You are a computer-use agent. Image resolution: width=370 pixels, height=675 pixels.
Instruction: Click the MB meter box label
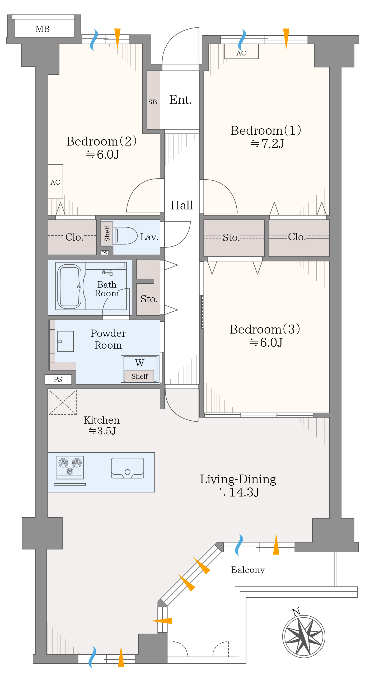pyautogui.click(x=43, y=29)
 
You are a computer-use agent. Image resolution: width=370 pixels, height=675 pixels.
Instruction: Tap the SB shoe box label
pyautogui.click(x=153, y=102)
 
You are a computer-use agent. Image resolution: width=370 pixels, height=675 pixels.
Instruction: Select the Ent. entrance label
pyautogui.click(x=180, y=100)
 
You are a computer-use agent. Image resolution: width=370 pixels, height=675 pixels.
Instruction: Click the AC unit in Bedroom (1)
pyautogui.click(x=241, y=51)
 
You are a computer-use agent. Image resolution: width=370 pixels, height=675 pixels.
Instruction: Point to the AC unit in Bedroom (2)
pyautogui.click(x=55, y=182)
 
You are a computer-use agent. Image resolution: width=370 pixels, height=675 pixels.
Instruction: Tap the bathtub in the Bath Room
pyautogui.click(x=69, y=287)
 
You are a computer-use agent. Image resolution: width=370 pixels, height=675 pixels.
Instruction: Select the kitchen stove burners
pyautogui.click(x=70, y=467)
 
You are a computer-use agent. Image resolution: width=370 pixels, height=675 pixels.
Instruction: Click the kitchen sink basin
pyautogui.click(x=128, y=468)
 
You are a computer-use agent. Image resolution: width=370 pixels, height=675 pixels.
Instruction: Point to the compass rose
pyautogui.click(x=304, y=636)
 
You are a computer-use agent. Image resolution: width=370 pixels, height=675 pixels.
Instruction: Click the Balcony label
pyautogui.click(x=248, y=570)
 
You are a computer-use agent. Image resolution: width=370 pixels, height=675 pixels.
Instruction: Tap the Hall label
pyautogui.click(x=182, y=205)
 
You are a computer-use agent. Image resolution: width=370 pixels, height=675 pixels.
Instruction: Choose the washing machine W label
pyautogui.click(x=140, y=363)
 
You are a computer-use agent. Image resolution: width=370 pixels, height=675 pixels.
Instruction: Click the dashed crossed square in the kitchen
pyautogui.click(x=63, y=402)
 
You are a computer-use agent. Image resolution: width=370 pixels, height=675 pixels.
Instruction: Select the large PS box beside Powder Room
pyautogui.click(x=58, y=379)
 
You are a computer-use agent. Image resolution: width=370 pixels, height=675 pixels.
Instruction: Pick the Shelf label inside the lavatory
pyautogui.click(x=107, y=233)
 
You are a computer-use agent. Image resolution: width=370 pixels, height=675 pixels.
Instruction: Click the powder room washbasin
pyautogui.click(x=65, y=341)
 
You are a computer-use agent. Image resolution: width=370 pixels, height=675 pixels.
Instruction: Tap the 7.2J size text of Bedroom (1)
pyautogui.click(x=267, y=144)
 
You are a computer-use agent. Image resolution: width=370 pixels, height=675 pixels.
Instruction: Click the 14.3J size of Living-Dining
pyautogui.click(x=238, y=492)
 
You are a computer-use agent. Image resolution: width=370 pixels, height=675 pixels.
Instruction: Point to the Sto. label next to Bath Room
pyautogui.click(x=149, y=299)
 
